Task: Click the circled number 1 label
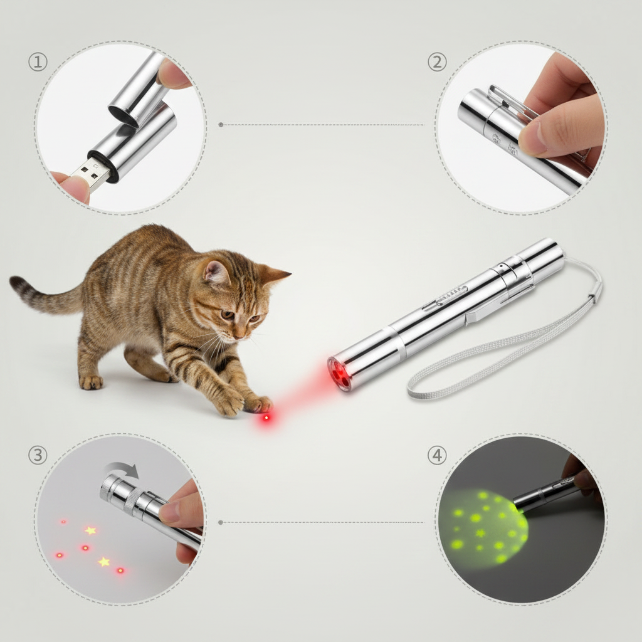38,62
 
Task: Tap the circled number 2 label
437,62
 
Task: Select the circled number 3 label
38,455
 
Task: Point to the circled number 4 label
437,455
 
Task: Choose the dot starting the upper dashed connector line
221,125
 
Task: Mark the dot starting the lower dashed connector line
221,522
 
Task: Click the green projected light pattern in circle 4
484,525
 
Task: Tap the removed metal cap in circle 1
137,88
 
